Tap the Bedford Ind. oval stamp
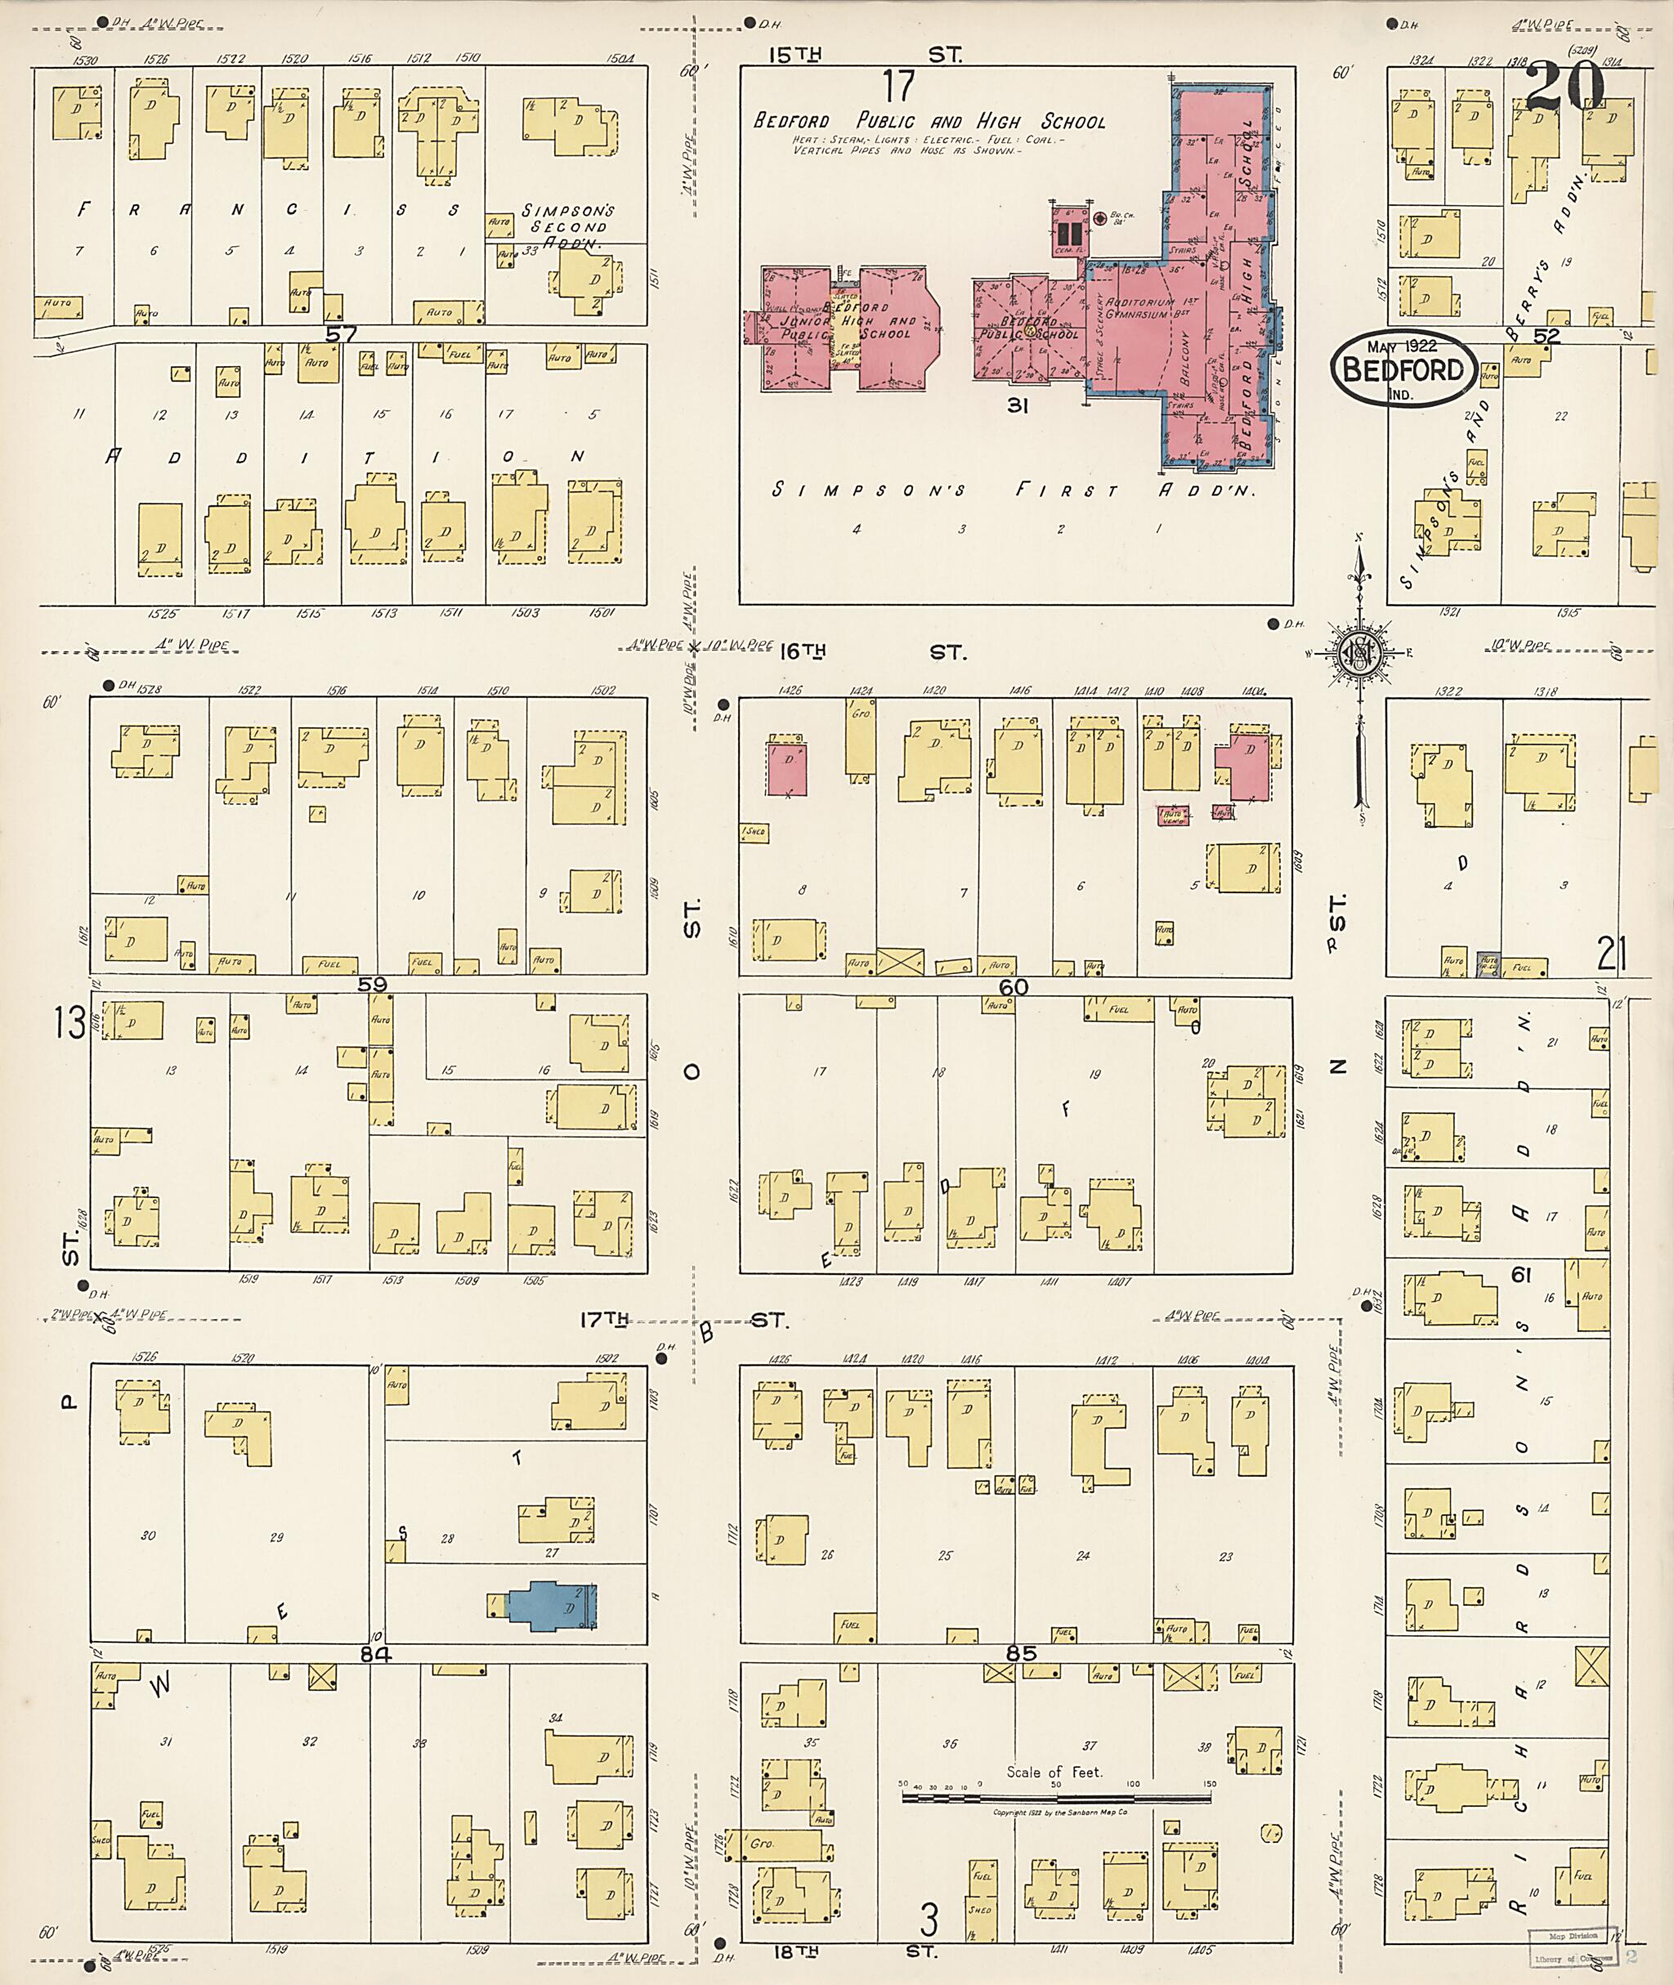[1403, 370]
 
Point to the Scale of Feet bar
[1057, 1798]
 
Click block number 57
[341, 333]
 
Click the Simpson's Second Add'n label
[568, 227]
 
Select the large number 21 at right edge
[1610, 953]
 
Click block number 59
[372, 985]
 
